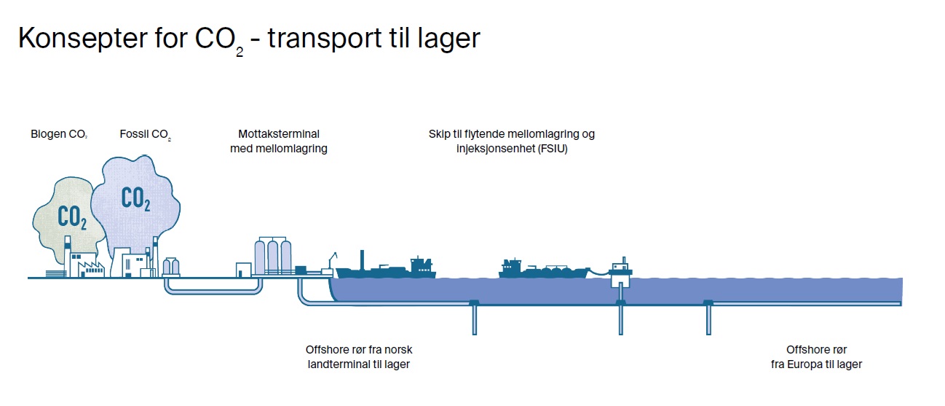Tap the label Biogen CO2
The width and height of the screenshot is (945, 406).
click(x=59, y=134)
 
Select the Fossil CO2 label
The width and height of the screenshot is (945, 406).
click(x=146, y=134)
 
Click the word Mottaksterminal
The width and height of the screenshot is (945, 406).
click(x=279, y=134)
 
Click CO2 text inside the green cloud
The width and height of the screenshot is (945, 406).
click(x=71, y=217)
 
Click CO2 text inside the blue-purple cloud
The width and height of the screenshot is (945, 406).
click(x=135, y=198)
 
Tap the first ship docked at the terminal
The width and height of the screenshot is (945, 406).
click(x=386, y=269)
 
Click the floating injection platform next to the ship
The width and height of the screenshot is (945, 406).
click(x=621, y=271)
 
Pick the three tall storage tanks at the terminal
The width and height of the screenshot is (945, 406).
click(x=272, y=256)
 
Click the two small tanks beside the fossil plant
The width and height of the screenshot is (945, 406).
click(x=171, y=266)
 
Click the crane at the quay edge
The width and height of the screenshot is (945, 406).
click(x=332, y=261)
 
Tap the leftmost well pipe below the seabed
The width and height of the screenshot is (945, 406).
click(x=474, y=318)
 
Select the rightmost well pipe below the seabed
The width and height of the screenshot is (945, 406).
click(x=708, y=318)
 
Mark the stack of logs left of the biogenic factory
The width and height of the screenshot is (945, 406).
click(x=56, y=273)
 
